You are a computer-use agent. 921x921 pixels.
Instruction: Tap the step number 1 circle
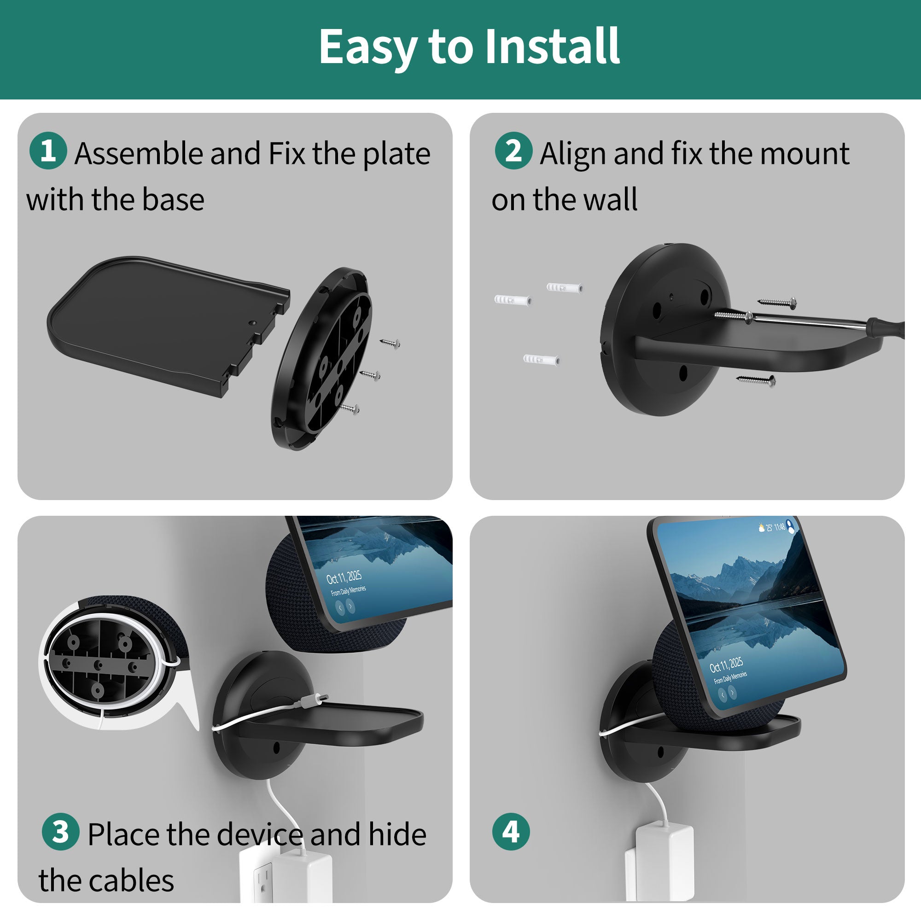[x=48, y=151]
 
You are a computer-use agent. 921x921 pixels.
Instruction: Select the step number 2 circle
[x=513, y=151]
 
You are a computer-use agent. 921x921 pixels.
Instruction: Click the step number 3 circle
[x=60, y=831]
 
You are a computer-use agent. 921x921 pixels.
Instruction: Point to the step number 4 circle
[x=511, y=831]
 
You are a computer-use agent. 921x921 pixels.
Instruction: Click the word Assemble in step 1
[x=139, y=154]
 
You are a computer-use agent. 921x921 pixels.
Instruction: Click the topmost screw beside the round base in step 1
[x=390, y=343]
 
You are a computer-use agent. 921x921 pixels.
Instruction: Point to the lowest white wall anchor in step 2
[x=541, y=358]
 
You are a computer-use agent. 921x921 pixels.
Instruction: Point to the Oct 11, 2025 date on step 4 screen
[x=726, y=665]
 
